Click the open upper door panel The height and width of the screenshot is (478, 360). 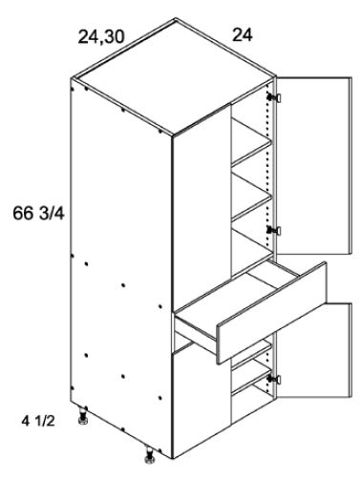310,167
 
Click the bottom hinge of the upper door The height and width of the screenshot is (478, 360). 275,231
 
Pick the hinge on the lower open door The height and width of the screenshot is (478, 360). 275,380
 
